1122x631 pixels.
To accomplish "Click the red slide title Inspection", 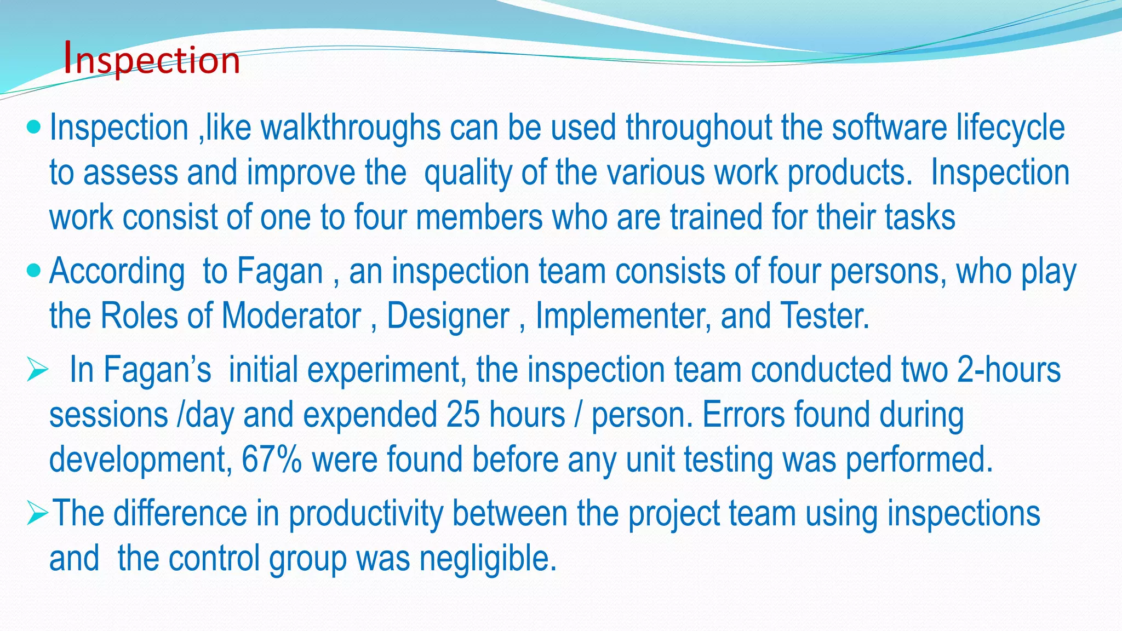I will pyautogui.click(x=152, y=59).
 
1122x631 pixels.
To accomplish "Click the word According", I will pyautogui.click(x=117, y=272).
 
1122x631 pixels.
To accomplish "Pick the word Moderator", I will pyautogui.click(x=291, y=317).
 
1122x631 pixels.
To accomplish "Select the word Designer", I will pyautogui.click(x=448, y=317).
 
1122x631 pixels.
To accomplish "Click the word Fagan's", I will pyautogui.click(x=157, y=370).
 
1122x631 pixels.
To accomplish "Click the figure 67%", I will pyautogui.click(x=272, y=460).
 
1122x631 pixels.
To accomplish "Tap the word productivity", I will pyautogui.click(x=366, y=514).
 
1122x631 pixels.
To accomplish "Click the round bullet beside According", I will pyautogui.click(x=34, y=270).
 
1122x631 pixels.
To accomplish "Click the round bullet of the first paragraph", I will pyautogui.click(x=34, y=127).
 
